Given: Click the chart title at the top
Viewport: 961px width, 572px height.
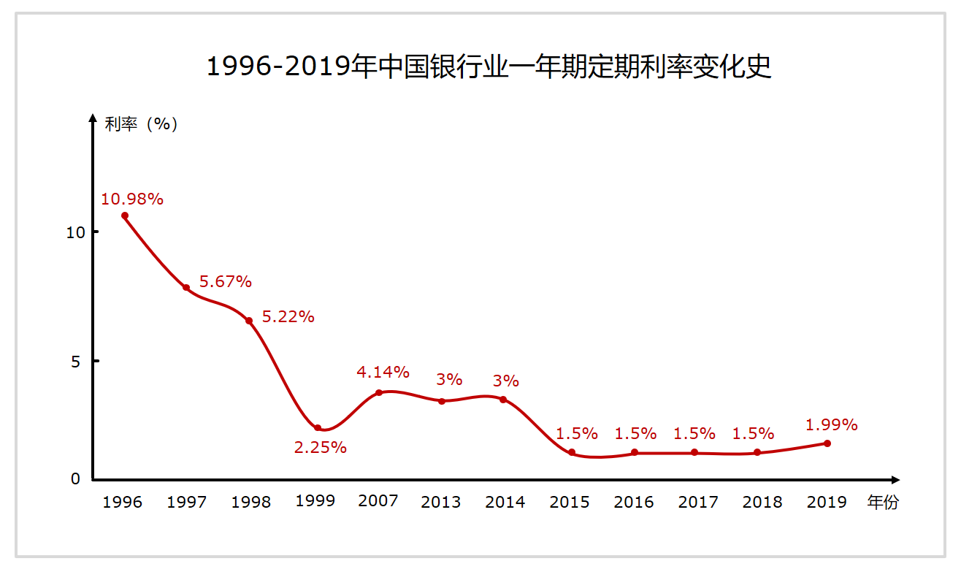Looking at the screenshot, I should (x=489, y=66).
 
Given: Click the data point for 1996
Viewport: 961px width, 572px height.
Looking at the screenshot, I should (x=125, y=216).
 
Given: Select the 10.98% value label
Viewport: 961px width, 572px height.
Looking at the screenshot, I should (x=132, y=199).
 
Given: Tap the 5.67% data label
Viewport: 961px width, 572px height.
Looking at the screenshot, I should (x=226, y=281).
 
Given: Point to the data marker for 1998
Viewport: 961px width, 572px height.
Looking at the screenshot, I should (x=249, y=321).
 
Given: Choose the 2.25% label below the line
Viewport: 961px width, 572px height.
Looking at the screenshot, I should (x=321, y=448).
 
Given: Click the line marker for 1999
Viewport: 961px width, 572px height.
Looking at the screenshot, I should (x=318, y=428).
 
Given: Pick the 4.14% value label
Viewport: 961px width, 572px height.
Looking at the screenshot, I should (x=383, y=372).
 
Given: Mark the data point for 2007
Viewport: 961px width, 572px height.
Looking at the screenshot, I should (x=378, y=393).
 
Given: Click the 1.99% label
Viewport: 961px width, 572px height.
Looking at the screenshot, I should (x=831, y=424).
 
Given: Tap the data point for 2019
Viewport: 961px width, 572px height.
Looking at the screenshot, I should (x=827, y=443).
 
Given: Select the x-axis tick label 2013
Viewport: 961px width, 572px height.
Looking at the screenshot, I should (x=441, y=502).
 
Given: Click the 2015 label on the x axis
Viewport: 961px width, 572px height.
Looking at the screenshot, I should (x=570, y=502).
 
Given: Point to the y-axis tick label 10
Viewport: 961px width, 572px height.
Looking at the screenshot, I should (x=76, y=232).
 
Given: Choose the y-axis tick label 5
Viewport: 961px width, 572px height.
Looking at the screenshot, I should (x=75, y=361).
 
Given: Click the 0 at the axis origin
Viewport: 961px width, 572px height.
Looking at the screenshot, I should (x=76, y=479).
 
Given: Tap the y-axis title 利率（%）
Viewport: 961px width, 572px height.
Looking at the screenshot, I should (x=142, y=124).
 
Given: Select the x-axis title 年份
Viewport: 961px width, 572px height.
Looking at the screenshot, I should (x=883, y=502).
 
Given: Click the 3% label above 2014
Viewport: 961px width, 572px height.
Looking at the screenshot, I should (x=505, y=381).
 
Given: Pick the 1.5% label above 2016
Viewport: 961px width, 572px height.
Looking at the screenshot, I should (x=635, y=433).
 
